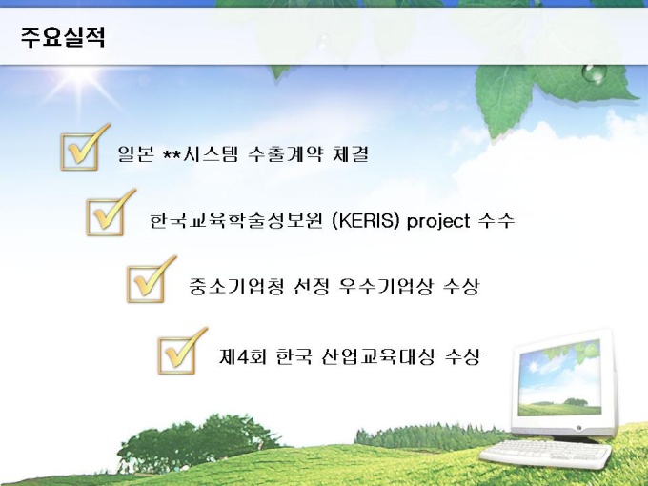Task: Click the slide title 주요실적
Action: click(x=63, y=37)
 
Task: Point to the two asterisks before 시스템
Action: click(x=172, y=153)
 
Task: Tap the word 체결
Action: click(x=350, y=153)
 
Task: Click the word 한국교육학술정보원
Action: click(x=235, y=220)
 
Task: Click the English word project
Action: click(x=438, y=221)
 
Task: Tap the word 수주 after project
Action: click(x=496, y=220)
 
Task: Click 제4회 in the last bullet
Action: click(x=243, y=356)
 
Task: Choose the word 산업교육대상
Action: click(x=377, y=356)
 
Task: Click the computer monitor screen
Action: click(x=559, y=378)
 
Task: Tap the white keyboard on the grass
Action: click(x=546, y=453)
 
